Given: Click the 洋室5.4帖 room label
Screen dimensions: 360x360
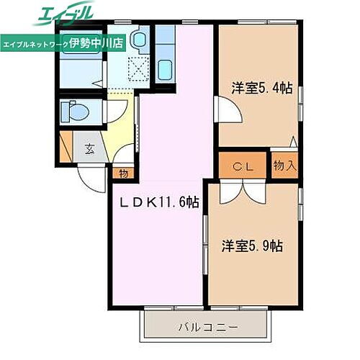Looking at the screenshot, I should tap(261, 89).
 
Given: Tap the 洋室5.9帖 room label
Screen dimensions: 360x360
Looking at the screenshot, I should tap(252, 245).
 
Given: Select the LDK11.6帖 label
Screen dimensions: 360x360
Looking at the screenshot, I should tap(159, 204).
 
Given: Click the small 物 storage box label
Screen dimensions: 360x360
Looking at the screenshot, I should tap(123, 173).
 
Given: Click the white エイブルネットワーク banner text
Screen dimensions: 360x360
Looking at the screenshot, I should tap(36, 43).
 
